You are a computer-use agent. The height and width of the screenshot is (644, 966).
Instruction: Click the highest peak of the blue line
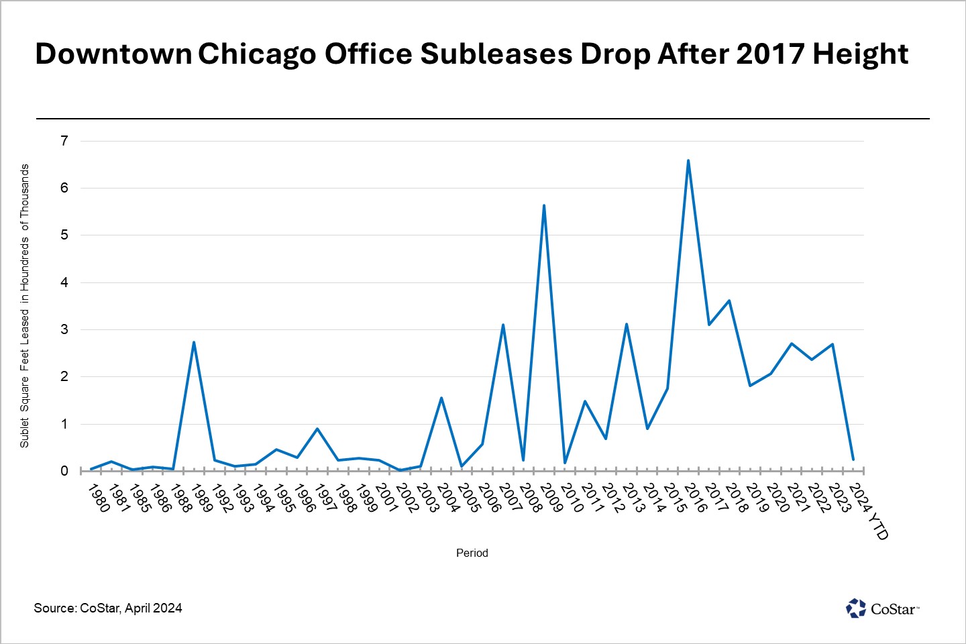tap(688, 160)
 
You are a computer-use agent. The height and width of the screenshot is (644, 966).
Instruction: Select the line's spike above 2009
tap(544, 205)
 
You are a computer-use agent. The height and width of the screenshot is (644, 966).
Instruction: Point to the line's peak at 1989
tap(193, 342)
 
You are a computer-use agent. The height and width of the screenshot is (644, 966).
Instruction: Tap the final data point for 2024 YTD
tap(853, 460)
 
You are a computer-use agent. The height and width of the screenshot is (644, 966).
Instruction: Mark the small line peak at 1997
tap(317, 429)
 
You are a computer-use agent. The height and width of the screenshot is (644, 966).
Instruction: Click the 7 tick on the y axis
tap(64, 141)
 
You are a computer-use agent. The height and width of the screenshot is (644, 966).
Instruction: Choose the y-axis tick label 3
tap(64, 329)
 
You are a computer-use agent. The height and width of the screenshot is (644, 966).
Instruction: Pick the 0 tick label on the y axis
tap(64, 471)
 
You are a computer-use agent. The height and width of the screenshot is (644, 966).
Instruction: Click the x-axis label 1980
tap(99, 498)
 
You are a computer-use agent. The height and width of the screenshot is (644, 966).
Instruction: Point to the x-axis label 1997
tap(326, 498)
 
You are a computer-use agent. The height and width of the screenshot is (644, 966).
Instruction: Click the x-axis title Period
tap(472, 553)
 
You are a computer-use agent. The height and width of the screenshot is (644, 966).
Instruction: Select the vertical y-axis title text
tap(25, 306)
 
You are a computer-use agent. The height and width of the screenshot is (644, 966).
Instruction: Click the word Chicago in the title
tap(257, 54)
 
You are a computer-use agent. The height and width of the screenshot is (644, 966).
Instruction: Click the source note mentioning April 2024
tap(108, 608)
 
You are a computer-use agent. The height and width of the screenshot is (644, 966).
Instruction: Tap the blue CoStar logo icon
tap(856, 608)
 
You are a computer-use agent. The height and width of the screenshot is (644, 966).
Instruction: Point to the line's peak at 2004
tap(441, 398)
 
